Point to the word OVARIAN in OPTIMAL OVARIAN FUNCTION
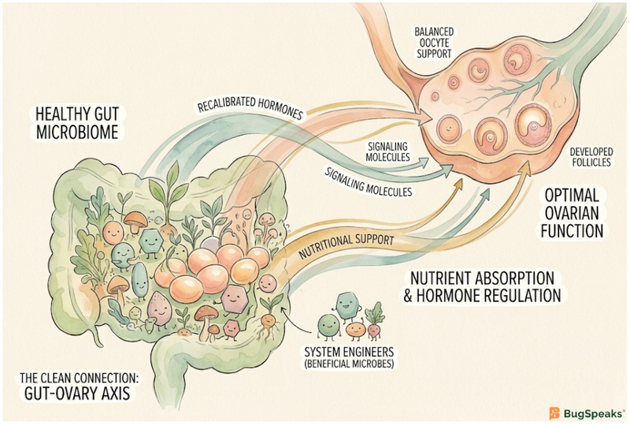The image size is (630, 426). [x=573, y=212]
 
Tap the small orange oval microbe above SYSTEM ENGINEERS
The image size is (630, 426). [x=355, y=326]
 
